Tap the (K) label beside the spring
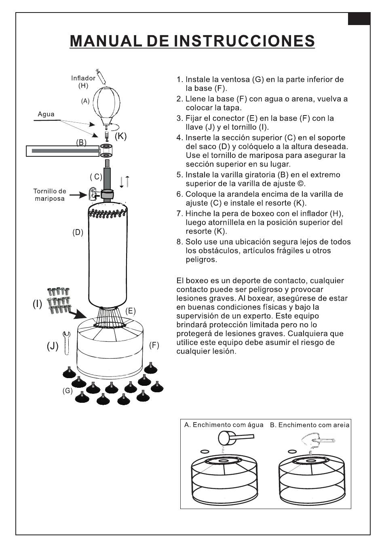(x=120, y=136)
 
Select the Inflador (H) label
(x=83, y=82)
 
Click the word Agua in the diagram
(x=46, y=114)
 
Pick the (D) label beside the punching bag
(x=78, y=232)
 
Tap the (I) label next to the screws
(x=37, y=304)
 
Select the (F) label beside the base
(x=154, y=345)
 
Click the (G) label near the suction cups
(x=68, y=391)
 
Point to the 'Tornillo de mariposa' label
(x=50, y=195)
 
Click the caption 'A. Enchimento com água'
(x=224, y=425)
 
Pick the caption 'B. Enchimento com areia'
(x=310, y=425)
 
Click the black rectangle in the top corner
(x=359, y=19)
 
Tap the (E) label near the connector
(x=130, y=311)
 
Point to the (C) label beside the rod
(x=96, y=177)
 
